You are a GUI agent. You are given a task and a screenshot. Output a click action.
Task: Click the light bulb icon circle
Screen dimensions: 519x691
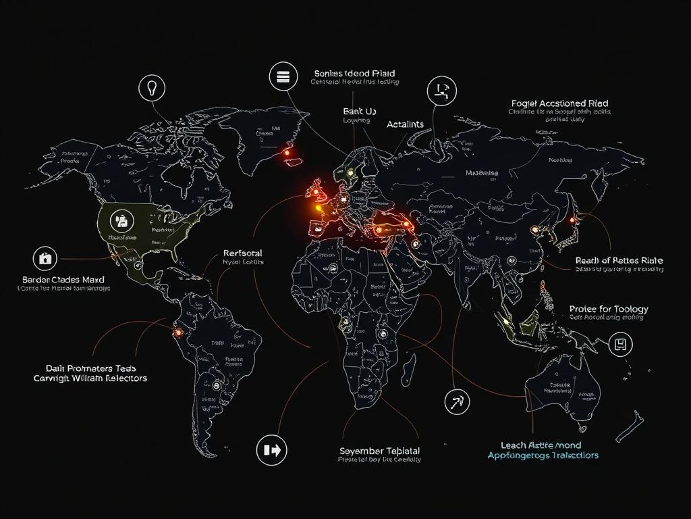click(152, 88)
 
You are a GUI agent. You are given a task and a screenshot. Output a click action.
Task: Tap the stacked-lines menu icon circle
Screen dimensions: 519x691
click(282, 76)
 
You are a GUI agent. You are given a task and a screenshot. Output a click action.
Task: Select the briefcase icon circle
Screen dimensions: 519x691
click(45, 258)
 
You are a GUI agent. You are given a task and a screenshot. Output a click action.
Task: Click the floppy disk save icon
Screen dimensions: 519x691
click(620, 345)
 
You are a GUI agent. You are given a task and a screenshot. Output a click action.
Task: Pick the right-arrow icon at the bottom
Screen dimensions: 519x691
click(272, 449)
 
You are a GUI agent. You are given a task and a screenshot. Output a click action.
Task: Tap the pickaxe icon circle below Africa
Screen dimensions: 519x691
click(457, 401)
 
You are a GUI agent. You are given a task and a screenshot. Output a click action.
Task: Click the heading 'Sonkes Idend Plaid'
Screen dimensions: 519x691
click(354, 73)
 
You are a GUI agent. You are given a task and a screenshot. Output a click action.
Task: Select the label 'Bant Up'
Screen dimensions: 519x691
click(360, 110)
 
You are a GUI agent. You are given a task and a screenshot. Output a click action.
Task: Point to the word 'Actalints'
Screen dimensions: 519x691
click(405, 124)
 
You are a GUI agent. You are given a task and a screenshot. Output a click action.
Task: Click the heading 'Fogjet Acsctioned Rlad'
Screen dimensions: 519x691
click(559, 103)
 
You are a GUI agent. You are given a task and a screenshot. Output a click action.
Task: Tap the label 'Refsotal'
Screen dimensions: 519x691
click(242, 253)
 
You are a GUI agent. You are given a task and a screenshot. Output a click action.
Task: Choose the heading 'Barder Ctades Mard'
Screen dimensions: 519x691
click(63, 279)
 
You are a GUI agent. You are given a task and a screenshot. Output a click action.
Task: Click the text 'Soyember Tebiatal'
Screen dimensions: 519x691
click(379, 451)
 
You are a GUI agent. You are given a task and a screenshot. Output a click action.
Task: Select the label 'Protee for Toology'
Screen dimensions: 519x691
click(609, 309)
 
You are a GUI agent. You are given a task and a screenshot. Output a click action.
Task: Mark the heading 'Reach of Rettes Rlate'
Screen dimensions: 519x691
click(619, 260)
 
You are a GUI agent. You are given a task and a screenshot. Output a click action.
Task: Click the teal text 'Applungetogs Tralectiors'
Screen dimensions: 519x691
click(543, 455)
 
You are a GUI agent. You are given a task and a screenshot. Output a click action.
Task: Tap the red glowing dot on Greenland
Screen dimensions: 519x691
click(286, 153)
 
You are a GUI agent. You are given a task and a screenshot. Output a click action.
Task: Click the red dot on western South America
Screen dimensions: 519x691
click(178, 332)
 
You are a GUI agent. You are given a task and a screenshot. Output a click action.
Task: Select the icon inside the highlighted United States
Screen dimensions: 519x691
click(122, 220)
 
